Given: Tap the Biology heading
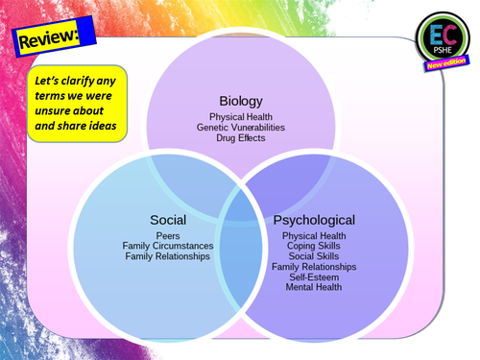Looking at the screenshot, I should (x=240, y=100).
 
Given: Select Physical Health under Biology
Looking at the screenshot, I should (x=240, y=117).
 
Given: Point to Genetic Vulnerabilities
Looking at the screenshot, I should (x=240, y=128).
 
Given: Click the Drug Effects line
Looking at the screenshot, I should (x=240, y=138).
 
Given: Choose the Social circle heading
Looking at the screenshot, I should (x=168, y=219).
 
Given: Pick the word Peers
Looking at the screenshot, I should (x=168, y=235).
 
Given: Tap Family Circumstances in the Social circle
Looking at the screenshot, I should (x=168, y=246).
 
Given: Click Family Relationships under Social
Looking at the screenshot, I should (x=168, y=256).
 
